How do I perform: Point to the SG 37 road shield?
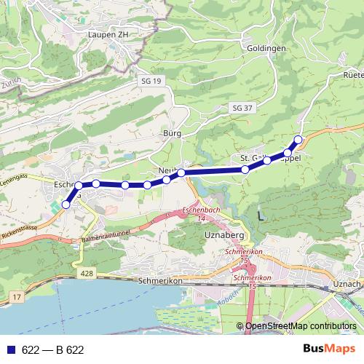242,108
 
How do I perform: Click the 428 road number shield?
86,271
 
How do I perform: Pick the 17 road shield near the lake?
17,298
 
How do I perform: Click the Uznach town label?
347,282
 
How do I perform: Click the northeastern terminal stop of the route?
298,139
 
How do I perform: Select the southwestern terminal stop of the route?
66,205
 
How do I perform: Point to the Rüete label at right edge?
352,75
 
